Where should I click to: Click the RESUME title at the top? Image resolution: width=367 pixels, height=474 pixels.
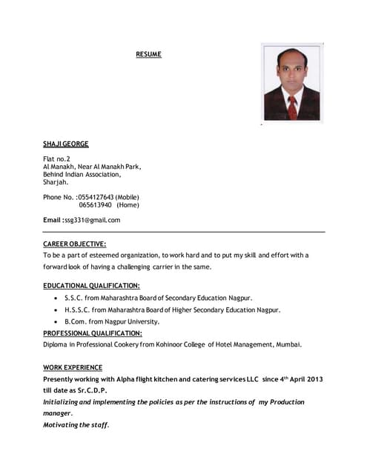(148, 55)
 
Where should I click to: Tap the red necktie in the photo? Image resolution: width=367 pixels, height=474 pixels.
(292, 107)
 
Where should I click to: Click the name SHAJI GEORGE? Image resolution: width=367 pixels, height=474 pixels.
(66, 144)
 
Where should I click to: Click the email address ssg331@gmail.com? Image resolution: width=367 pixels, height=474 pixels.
(93, 220)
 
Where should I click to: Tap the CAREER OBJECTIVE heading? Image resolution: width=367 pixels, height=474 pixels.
(74, 243)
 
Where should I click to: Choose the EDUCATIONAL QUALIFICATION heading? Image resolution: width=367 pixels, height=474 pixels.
(91, 285)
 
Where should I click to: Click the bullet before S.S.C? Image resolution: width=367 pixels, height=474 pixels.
(56, 298)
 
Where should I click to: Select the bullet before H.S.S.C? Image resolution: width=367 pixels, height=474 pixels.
(56, 310)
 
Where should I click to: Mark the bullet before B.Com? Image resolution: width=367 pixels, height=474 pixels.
(56, 322)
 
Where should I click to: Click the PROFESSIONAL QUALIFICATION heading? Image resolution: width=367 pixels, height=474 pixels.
(93, 333)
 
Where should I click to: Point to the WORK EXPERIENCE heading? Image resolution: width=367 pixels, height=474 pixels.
(73, 367)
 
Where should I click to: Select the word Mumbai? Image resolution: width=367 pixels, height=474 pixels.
(288, 344)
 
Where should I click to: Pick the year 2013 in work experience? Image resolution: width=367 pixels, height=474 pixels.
(314, 379)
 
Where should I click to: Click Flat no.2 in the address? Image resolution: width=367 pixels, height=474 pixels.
(56, 158)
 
